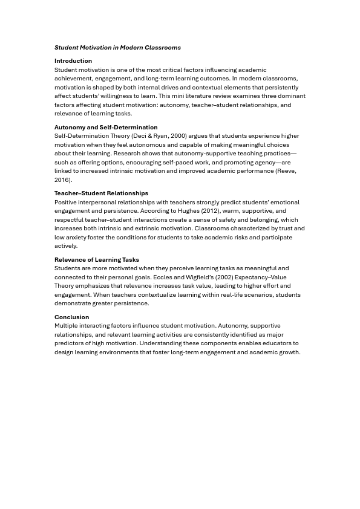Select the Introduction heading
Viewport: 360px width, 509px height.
tap(73, 61)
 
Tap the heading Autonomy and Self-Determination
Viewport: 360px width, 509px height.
tap(106, 128)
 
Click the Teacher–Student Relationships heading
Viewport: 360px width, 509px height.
tap(101, 193)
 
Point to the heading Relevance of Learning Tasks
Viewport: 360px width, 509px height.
tap(97, 260)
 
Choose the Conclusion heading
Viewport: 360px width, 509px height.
tap(71, 317)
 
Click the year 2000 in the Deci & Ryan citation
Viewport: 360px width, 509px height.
tap(178, 136)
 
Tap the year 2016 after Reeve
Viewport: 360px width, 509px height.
tap(62, 180)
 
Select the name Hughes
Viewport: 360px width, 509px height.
tap(188, 211)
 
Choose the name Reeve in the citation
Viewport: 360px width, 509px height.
tap(285, 171)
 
